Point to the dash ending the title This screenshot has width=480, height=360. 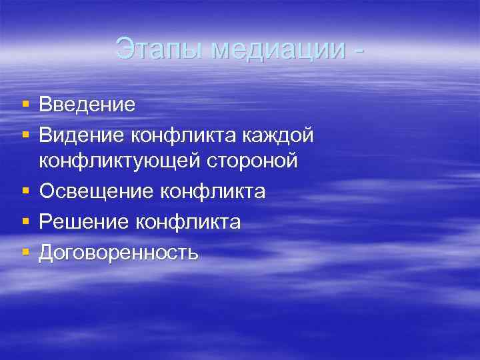point(361,49)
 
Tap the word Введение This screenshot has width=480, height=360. point(87,105)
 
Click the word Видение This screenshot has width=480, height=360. point(81,135)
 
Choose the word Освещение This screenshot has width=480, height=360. point(96,192)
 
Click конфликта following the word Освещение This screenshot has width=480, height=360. point(213,192)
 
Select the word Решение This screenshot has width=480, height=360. point(84,222)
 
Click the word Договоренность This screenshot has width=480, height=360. point(119,253)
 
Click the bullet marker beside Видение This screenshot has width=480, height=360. point(25,135)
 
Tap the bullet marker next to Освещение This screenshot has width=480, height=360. point(25,192)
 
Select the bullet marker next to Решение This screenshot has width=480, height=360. point(25,222)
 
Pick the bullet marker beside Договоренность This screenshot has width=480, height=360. point(25,253)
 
